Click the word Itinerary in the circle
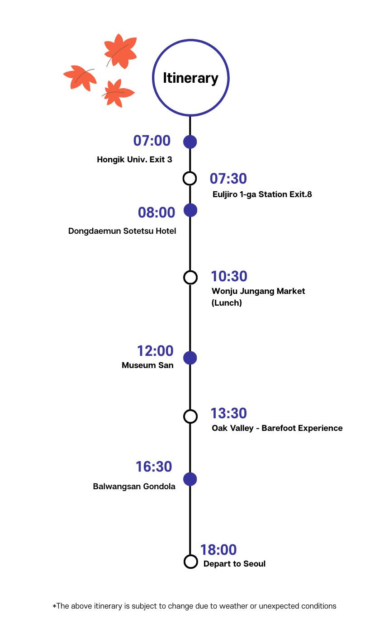pyautogui.click(x=190, y=78)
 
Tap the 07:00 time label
pyautogui.click(x=152, y=141)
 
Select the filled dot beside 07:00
pyautogui.click(x=190, y=142)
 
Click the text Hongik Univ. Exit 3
pyautogui.click(x=134, y=160)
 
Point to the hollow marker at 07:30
pyautogui.click(x=190, y=178)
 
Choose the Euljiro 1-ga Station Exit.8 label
pyautogui.click(x=262, y=194)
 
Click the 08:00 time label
pyautogui.click(x=156, y=213)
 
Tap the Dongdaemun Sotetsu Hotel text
pyautogui.click(x=122, y=231)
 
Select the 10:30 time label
pyautogui.click(x=229, y=276)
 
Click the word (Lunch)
pyautogui.click(x=227, y=303)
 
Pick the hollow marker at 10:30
pyautogui.click(x=190, y=277)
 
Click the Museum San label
pyautogui.click(x=147, y=365)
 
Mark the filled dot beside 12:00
pyautogui.click(x=190, y=358)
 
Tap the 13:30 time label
pyautogui.click(x=229, y=413)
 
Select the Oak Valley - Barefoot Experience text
pyautogui.click(x=277, y=428)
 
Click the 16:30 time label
pyautogui.click(x=154, y=467)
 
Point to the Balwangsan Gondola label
pyautogui.click(x=134, y=487)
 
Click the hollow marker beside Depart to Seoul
pyautogui.click(x=191, y=562)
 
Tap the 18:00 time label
pyautogui.click(x=218, y=550)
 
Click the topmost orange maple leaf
pyautogui.click(x=120, y=51)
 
